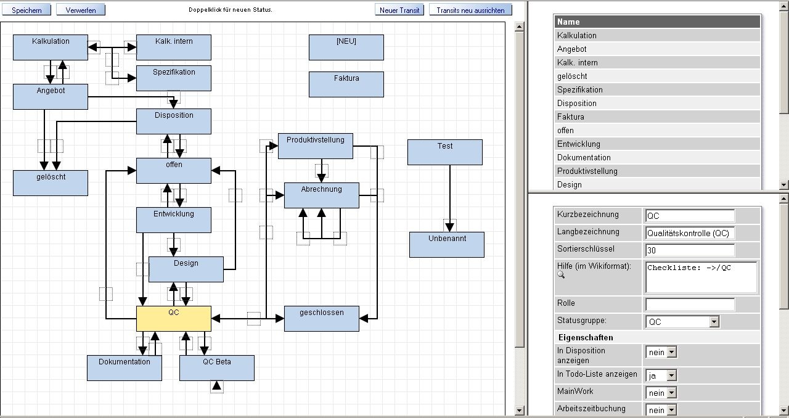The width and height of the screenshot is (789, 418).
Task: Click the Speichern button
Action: click(x=27, y=10)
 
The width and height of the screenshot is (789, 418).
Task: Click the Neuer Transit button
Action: click(x=399, y=10)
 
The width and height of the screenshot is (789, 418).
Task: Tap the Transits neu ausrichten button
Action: click(x=470, y=10)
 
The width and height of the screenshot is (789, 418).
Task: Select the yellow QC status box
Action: click(x=174, y=319)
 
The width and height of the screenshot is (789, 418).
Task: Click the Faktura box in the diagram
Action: click(x=346, y=84)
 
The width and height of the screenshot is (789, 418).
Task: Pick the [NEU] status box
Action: click(x=346, y=47)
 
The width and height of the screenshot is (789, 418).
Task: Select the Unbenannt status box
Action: click(x=447, y=245)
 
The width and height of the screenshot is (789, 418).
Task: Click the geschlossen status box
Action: click(x=322, y=319)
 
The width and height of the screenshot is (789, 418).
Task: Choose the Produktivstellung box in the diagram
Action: click(x=316, y=146)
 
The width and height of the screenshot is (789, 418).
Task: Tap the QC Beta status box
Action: click(x=217, y=368)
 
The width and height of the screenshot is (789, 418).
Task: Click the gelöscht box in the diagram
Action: click(x=51, y=183)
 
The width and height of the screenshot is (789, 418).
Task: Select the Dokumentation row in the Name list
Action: click(x=658, y=157)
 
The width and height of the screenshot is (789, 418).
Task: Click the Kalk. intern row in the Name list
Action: click(x=658, y=62)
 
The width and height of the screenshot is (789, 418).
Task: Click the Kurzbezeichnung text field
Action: click(x=690, y=216)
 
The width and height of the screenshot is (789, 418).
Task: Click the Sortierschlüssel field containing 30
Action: click(x=690, y=250)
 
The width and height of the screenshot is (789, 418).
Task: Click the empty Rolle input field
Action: click(x=690, y=305)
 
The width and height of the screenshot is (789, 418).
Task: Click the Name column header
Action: click(x=658, y=22)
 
